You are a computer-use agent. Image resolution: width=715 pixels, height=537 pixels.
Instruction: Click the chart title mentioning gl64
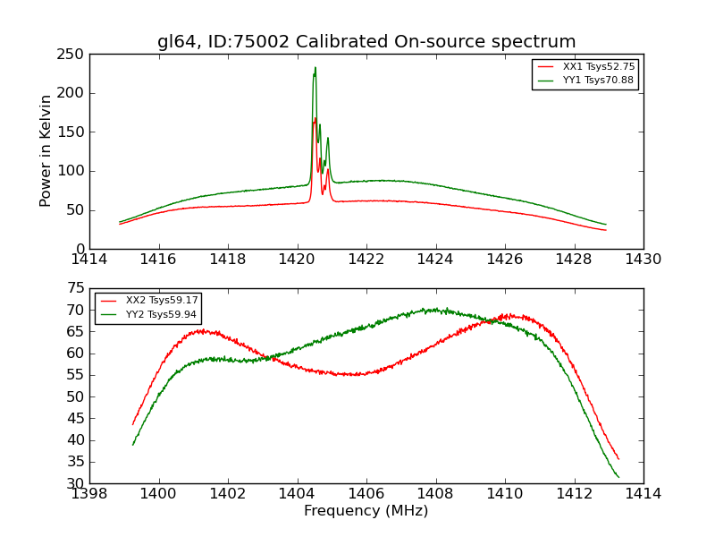point(366,42)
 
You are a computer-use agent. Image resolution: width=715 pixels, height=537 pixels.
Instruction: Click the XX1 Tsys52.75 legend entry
point(598,67)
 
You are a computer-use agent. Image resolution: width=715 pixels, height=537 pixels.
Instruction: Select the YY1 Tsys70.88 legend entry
point(598,81)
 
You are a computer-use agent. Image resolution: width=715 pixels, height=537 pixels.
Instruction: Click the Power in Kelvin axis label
point(46,150)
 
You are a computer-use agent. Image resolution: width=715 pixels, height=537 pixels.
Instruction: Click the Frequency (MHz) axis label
point(366,511)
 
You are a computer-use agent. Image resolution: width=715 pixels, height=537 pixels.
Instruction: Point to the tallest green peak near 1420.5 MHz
point(315,68)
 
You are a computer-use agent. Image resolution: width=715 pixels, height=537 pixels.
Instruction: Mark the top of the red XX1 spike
point(315,118)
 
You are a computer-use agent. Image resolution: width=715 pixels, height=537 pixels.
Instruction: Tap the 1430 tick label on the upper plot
point(643,260)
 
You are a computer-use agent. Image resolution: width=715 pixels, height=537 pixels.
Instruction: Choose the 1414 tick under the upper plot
point(89,260)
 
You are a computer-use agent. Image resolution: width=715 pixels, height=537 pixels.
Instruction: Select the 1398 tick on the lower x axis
point(89,494)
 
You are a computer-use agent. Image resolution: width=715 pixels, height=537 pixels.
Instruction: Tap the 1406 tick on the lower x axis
point(366,494)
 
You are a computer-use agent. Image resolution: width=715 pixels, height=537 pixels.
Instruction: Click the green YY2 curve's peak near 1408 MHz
point(435,310)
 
